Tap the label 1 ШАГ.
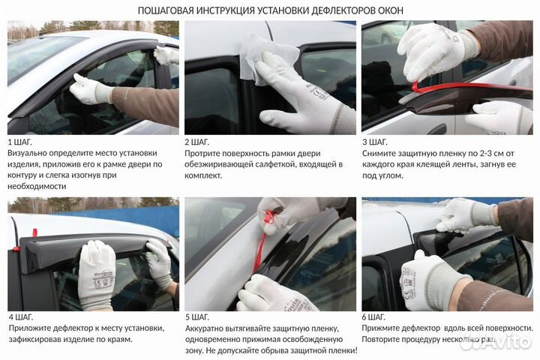point(21,142)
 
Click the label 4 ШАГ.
point(21,317)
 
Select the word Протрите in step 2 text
point(204,153)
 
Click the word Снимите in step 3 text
point(380,153)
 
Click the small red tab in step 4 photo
point(15,248)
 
